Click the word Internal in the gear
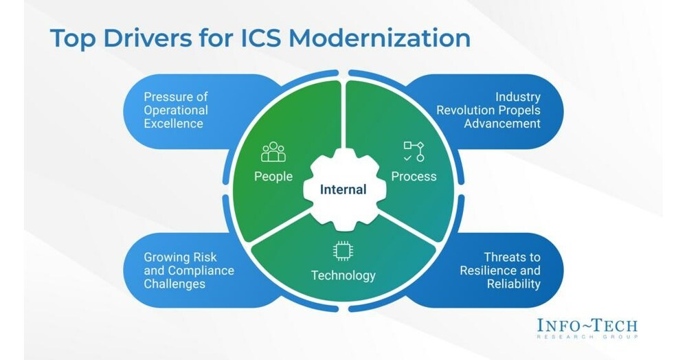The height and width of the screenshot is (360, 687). coord(343,189)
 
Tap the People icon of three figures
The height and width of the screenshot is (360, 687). coord(273,153)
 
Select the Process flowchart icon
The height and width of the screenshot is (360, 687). coord(414,151)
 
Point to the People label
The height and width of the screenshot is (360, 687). coord(273,177)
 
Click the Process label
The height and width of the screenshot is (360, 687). coord(414,177)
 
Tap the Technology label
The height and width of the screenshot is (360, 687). coord(343,275)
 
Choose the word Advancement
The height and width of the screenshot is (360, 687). coord(502,124)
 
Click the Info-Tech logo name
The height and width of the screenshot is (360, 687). coord(588,325)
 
